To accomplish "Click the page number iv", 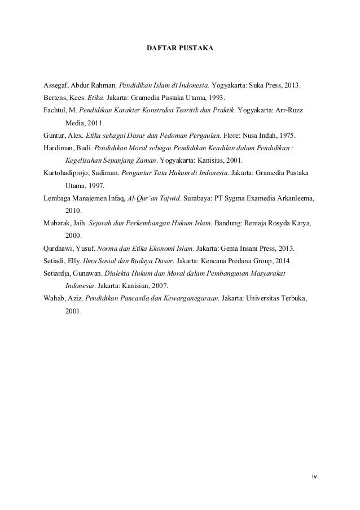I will pos(314,476).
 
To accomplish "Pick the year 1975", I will pos(287,136).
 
